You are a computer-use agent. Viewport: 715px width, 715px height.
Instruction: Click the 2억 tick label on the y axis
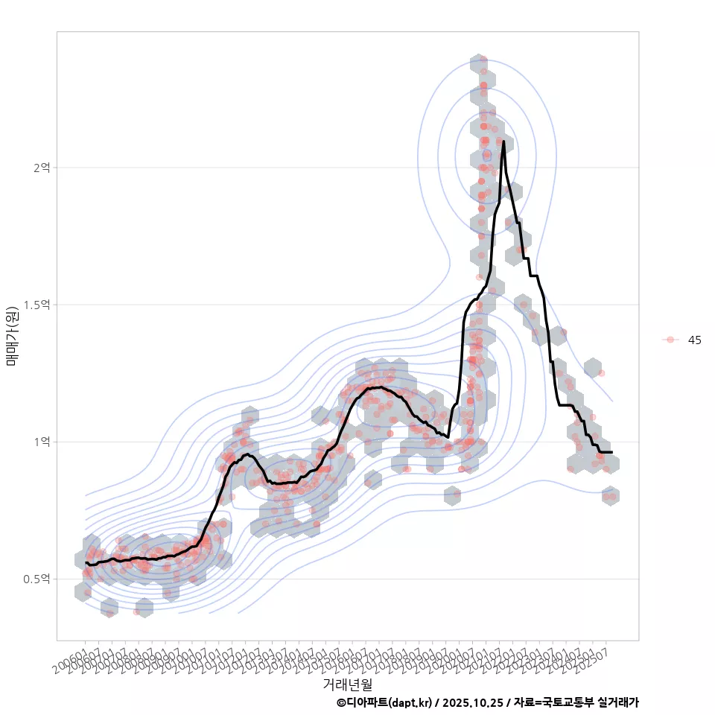tap(41, 168)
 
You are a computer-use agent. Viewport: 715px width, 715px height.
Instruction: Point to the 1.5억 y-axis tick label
tap(37, 305)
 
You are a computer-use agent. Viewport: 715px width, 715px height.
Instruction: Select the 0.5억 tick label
tap(37, 579)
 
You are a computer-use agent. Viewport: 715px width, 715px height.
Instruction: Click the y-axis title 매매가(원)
tap(13, 336)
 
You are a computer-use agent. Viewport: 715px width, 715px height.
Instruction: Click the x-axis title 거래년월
tap(347, 683)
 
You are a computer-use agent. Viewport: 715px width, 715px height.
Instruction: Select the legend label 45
tap(694, 340)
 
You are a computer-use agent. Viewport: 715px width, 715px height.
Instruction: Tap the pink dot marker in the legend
tap(670, 340)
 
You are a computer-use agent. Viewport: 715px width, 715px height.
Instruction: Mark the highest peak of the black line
tap(503, 142)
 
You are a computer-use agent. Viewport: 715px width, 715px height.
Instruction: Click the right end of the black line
tap(611, 452)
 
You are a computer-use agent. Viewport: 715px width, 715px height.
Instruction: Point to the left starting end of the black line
tap(86, 563)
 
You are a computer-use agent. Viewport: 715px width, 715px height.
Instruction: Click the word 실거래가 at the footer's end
tap(618, 702)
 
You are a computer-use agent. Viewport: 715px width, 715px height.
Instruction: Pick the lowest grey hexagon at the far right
tap(611, 496)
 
